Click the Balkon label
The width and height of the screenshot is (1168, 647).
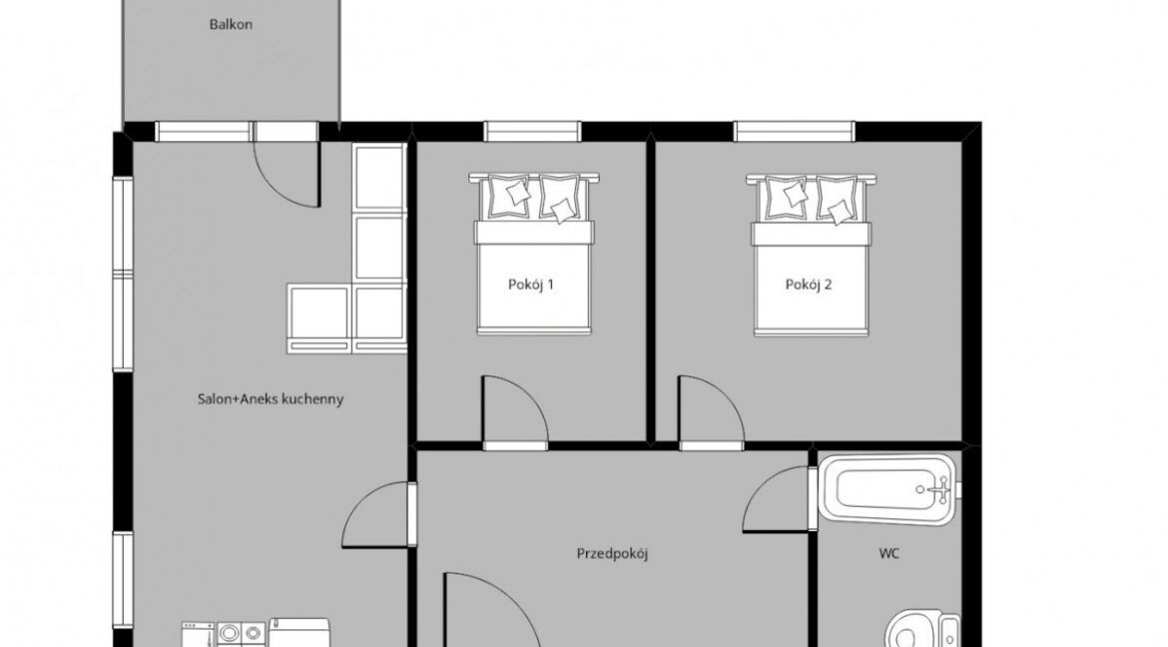231,25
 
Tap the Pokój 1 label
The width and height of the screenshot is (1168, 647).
531,285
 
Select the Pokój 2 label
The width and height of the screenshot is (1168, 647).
809,285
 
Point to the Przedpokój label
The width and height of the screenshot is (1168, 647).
612,554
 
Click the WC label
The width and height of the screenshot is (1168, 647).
888,554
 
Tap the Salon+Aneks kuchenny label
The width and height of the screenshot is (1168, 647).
271,399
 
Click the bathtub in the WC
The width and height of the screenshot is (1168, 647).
886,490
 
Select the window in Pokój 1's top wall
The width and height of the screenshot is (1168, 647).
532,132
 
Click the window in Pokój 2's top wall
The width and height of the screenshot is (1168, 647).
795,132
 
